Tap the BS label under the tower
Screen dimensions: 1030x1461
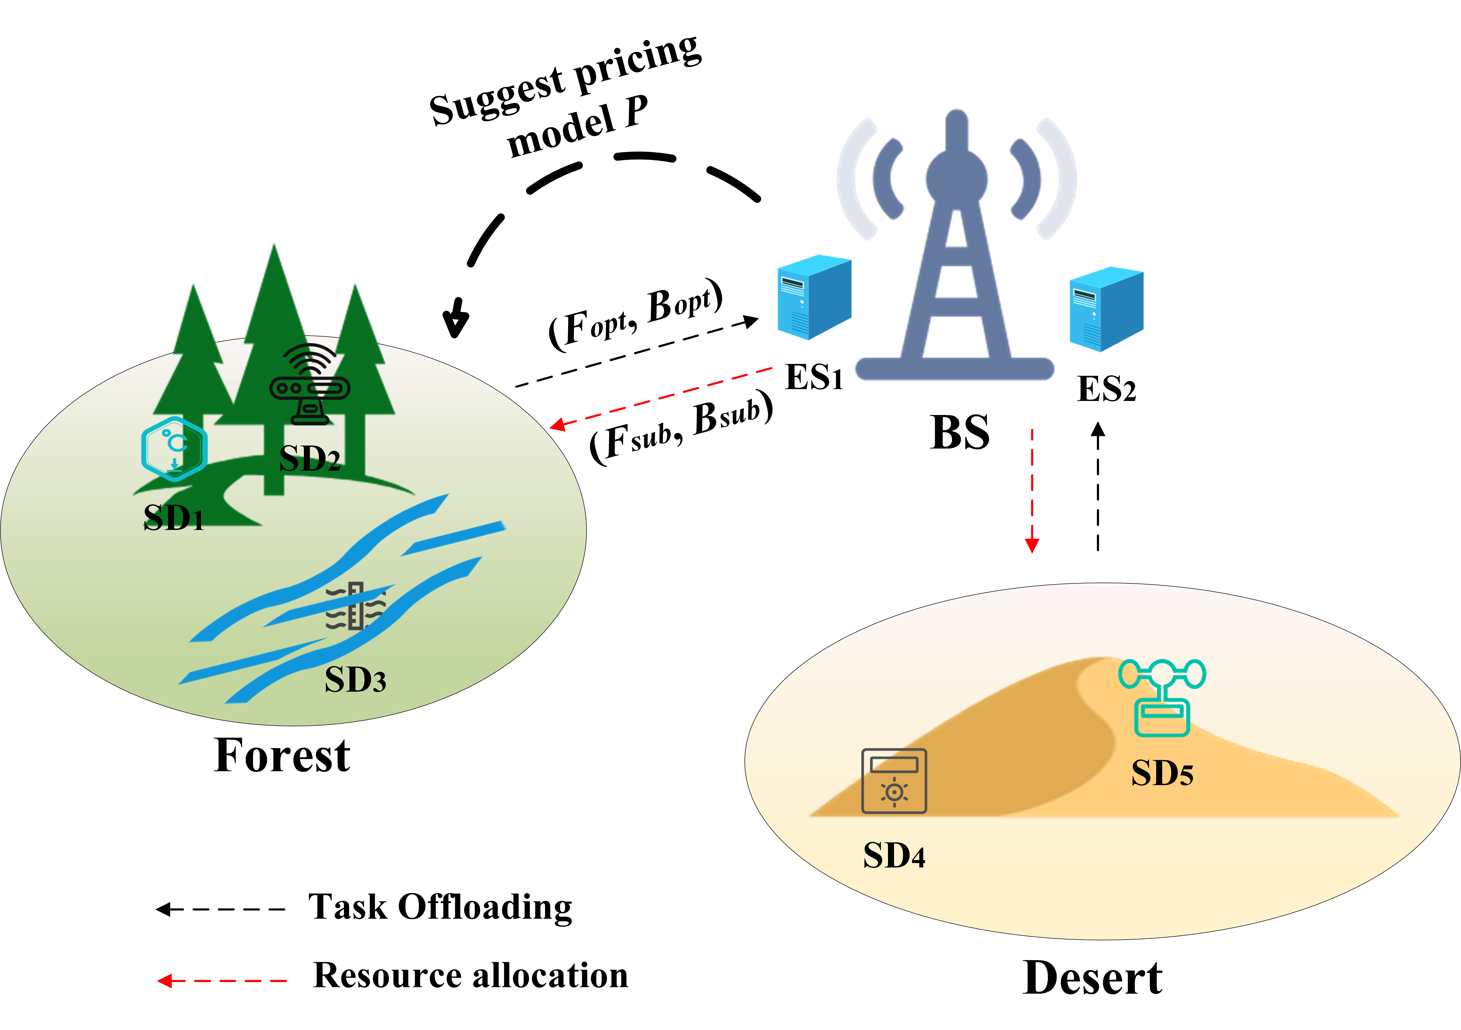point(960,433)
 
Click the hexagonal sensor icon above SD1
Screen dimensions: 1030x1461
point(174,449)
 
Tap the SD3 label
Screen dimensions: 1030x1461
point(355,679)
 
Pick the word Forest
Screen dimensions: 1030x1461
point(282,756)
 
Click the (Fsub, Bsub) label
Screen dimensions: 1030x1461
point(681,427)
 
